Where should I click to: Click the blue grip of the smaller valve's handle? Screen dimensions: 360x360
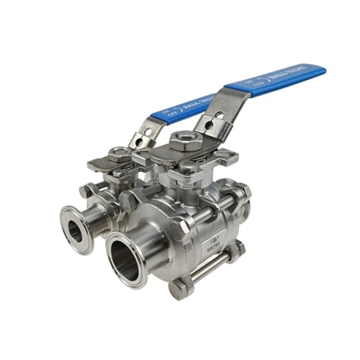[x=180, y=108]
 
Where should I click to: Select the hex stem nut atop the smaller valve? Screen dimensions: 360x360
[x=120, y=153]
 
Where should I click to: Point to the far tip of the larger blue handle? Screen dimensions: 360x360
[x=322, y=69]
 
